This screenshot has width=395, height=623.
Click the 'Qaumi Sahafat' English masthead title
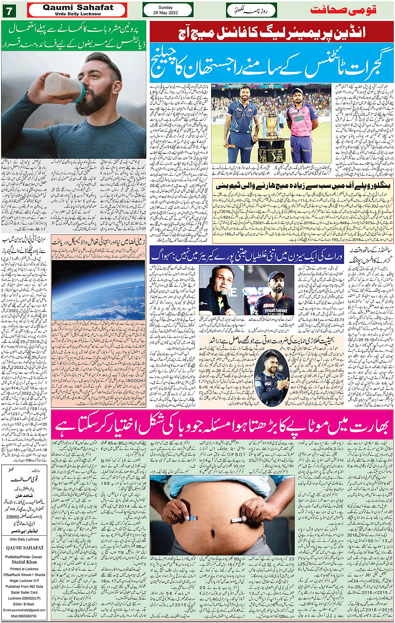tap(78, 8)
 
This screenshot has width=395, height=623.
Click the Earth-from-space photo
tap(98, 289)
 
